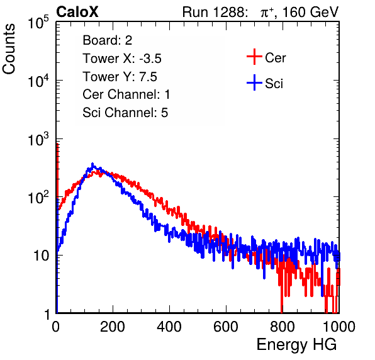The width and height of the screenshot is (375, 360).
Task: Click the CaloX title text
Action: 77,12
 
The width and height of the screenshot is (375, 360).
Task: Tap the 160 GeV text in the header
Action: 310,12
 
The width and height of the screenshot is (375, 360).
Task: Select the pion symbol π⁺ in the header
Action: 267,12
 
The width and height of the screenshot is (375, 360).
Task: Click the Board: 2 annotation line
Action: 108,40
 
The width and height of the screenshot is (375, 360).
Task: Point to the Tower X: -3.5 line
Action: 122,59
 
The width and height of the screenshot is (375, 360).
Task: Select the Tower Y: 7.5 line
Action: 120,77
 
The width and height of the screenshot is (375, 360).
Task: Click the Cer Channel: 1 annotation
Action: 126,94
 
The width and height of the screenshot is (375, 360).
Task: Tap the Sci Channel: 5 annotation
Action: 125,113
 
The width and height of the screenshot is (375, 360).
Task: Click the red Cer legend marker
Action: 254,57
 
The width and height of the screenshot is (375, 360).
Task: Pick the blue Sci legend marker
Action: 254,83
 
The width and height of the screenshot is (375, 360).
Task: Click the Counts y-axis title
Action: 9,49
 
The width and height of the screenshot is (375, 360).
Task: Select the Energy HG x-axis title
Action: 296,345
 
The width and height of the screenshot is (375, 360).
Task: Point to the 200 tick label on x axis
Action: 113,327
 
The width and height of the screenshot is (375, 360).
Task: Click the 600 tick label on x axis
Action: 226,327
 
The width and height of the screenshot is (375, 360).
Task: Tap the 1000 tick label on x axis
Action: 339,327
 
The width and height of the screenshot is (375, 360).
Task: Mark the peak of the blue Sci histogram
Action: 92,164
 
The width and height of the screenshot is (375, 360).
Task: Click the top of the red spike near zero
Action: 57,144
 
